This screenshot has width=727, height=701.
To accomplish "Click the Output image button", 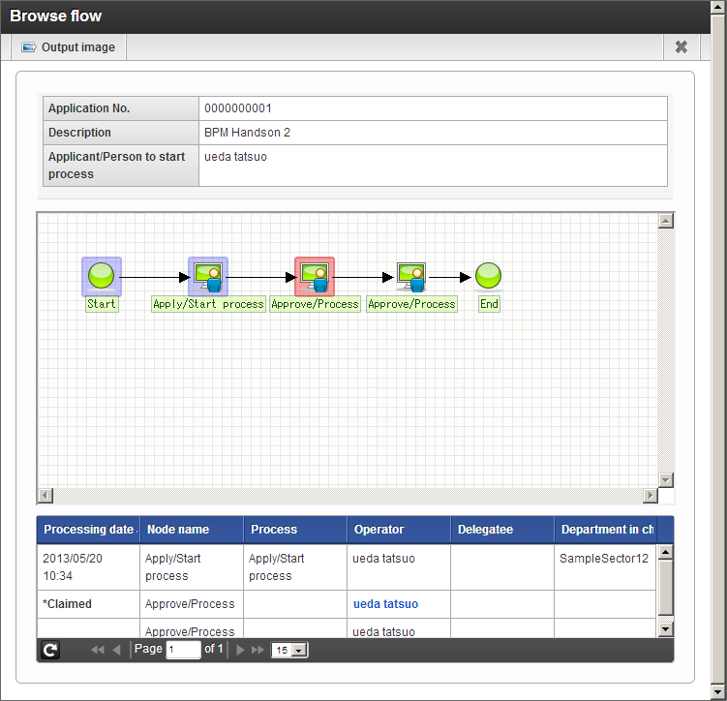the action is [69, 47].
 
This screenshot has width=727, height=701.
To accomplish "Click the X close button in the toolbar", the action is [682, 46].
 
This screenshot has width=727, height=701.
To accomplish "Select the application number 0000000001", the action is [238, 108].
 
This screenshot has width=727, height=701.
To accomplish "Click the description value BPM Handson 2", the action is [247, 133].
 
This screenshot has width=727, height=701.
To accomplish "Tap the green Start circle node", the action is [101, 276].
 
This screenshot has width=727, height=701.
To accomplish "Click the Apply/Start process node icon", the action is [208, 277].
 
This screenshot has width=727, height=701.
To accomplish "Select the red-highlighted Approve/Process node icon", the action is [315, 277].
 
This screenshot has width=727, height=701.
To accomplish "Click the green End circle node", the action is [488, 275].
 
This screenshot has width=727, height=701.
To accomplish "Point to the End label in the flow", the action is [489, 304].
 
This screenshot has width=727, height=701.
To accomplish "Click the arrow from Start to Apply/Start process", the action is [155, 277].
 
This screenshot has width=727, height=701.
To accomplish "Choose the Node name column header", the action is [178, 530].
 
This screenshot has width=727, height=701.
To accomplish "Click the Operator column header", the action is [379, 530].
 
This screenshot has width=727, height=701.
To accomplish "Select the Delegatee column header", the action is [485, 530].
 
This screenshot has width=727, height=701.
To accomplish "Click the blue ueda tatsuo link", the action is [385, 604].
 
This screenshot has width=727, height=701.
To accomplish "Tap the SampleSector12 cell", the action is [604, 559].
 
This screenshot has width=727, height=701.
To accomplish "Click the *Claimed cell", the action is [67, 604].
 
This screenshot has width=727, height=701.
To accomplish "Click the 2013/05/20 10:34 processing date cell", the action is [73, 567].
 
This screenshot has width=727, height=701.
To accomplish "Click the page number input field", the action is [183, 650].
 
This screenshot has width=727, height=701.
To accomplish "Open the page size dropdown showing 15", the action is [288, 650].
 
